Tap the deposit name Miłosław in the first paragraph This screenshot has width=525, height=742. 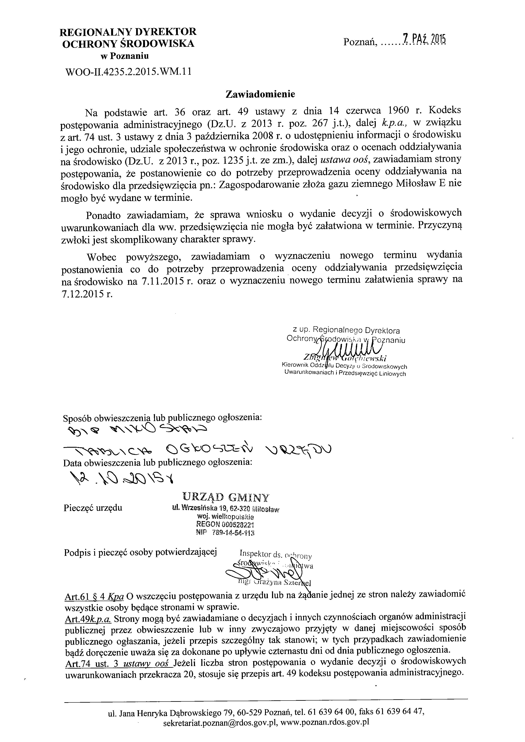415,184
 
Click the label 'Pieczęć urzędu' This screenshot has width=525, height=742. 93,508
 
